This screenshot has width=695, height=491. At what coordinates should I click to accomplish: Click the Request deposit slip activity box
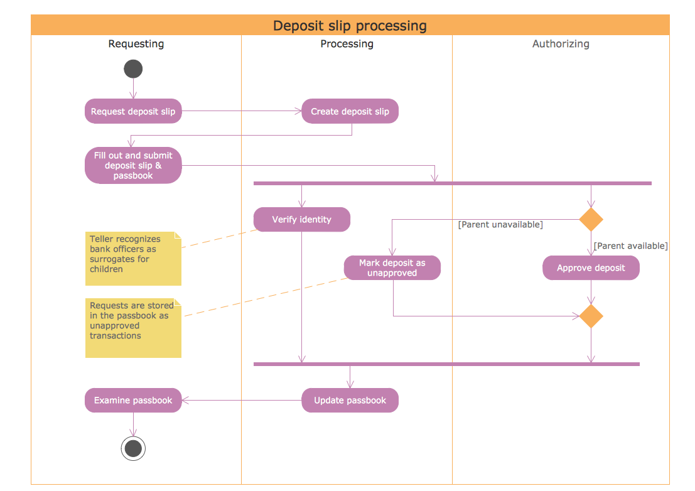(133, 112)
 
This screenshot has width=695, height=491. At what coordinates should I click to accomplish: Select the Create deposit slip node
(350, 112)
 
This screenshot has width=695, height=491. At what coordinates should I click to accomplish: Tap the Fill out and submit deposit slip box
(133, 166)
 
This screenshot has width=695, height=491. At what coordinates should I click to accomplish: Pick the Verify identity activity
(301, 220)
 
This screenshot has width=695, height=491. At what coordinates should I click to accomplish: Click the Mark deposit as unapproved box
(392, 268)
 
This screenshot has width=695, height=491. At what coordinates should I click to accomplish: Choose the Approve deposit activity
(591, 268)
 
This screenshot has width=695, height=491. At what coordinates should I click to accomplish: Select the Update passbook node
(350, 401)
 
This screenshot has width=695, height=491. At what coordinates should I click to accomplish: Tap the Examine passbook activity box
(133, 401)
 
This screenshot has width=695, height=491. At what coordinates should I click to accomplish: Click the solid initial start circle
(133, 69)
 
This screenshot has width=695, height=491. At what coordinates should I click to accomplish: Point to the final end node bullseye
(133, 448)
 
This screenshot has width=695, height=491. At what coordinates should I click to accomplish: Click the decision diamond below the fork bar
(591, 220)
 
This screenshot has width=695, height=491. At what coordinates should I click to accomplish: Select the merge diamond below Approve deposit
(591, 316)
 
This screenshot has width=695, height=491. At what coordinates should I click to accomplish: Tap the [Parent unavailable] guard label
(500, 224)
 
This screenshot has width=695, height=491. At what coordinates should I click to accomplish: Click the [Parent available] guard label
(630, 245)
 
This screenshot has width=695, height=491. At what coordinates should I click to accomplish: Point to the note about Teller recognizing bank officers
(133, 258)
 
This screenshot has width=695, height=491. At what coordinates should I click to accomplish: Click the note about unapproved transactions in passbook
(133, 328)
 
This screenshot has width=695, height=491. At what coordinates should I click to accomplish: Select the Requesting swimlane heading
(136, 44)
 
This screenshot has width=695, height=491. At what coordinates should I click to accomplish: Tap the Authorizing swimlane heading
(561, 44)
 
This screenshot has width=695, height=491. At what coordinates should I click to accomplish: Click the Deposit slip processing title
(350, 26)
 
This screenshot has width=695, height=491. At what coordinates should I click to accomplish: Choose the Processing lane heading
(347, 44)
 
